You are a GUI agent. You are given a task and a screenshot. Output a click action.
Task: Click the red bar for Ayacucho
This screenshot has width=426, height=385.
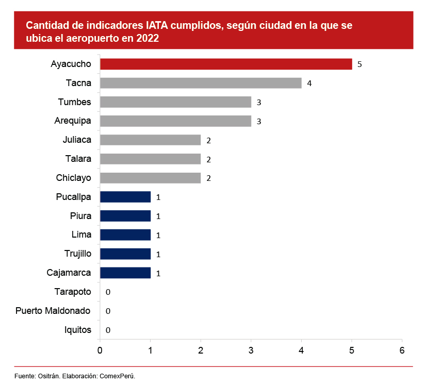225,64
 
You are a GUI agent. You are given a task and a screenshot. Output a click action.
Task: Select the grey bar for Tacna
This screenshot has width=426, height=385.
200,83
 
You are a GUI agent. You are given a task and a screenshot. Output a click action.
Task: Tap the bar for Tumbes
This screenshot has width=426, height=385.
175,102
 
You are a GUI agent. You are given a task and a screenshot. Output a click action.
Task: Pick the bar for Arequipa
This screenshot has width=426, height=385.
175,121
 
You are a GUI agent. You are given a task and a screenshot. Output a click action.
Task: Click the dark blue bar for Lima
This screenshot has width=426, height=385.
125,235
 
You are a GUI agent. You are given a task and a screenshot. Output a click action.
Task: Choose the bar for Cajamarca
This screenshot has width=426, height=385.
125,273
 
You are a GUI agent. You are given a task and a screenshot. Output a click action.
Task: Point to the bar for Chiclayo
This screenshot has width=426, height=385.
150,178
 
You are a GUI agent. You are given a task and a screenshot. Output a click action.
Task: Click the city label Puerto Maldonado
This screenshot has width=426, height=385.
53,311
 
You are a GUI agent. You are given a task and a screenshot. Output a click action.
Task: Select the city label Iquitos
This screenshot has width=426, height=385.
78,330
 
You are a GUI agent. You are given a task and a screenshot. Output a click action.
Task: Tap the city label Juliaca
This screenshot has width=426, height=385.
76,140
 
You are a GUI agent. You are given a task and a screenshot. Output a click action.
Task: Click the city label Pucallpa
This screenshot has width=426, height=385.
73,197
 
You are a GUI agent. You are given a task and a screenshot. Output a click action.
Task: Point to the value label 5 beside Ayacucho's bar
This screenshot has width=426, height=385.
359,64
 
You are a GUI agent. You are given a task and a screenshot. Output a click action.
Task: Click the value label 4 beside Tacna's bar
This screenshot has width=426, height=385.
309,83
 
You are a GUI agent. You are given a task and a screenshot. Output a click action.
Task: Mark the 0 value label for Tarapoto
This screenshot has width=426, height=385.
108,292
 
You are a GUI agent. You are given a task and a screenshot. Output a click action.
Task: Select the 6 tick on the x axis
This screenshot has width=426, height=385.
402,350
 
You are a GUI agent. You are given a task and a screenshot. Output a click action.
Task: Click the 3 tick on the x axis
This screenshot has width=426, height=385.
251,350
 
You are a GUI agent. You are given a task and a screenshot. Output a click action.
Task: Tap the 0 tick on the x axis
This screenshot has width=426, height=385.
100,350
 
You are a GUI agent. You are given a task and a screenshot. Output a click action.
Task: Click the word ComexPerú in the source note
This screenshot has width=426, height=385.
117,376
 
